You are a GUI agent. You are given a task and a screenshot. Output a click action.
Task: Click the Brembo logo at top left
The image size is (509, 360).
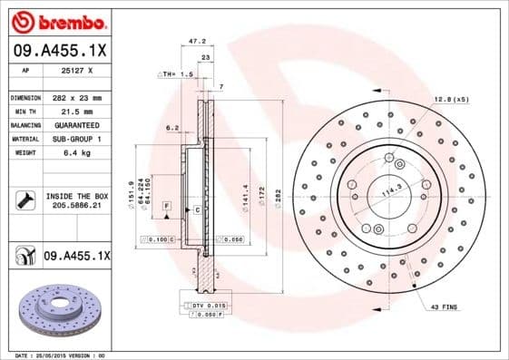tap(58, 20)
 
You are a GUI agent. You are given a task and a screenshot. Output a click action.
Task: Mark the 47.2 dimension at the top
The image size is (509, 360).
tap(192, 41)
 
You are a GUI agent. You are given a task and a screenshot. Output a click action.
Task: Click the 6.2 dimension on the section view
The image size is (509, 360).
tap(173, 129)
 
